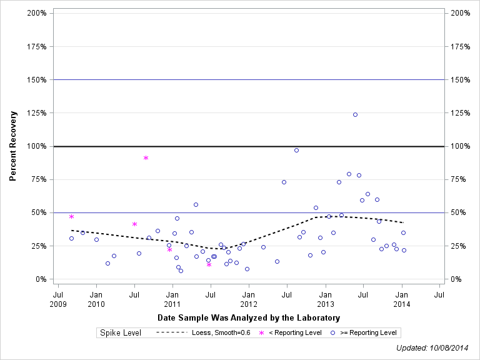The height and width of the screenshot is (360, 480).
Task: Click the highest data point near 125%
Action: (355, 114)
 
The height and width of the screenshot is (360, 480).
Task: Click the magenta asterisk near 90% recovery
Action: (146, 157)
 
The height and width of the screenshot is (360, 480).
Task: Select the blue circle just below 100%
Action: (296, 150)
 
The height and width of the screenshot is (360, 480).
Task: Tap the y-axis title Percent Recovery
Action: (12, 146)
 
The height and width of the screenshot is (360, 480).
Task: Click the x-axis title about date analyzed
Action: (249, 317)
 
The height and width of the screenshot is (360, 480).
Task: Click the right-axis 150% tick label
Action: (459, 80)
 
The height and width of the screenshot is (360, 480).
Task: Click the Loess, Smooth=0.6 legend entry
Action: (204, 332)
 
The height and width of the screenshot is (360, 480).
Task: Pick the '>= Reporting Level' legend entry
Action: (364, 332)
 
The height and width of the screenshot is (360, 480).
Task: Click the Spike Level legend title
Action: (121, 332)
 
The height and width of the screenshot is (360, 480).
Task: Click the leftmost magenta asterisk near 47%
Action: (71, 216)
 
